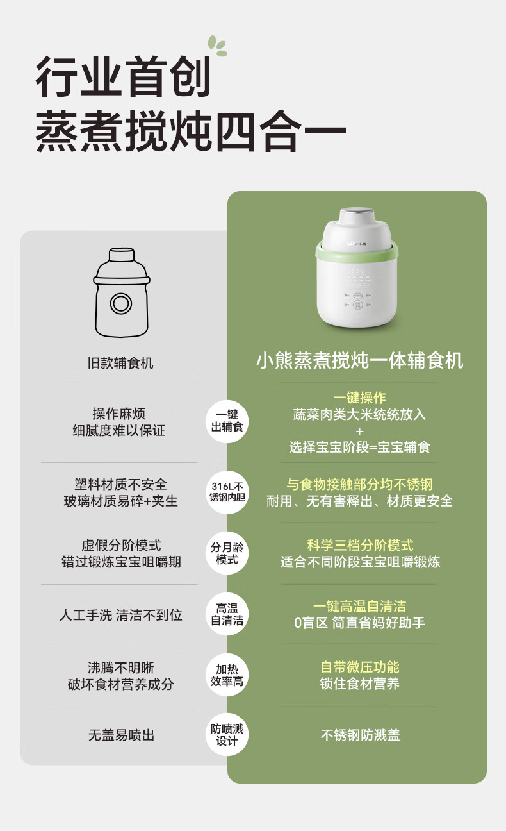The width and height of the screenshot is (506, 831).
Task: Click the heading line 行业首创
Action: (123, 76)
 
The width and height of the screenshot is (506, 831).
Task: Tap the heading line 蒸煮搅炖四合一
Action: (190, 131)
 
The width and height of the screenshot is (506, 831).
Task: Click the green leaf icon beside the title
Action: (217, 46)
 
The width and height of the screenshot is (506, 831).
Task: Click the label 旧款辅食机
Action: (120, 363)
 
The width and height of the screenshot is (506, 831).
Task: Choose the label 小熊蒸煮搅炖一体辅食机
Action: (359, 360)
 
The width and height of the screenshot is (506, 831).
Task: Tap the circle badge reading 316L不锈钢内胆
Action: (227, 491)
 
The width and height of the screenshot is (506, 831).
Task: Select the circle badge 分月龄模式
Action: (227, 553)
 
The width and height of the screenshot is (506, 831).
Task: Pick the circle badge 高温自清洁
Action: (227, 614)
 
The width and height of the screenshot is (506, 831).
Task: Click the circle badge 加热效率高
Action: (227, 675)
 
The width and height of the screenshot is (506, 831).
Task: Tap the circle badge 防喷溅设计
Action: (227, 735)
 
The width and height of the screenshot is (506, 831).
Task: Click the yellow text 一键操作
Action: (359, 398)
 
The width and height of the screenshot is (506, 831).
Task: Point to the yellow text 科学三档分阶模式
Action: (360, 546)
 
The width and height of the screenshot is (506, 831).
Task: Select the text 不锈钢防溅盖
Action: (360, 735)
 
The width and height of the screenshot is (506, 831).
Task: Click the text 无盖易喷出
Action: (121, 735)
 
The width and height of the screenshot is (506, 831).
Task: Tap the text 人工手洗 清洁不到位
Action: (121, 615)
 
